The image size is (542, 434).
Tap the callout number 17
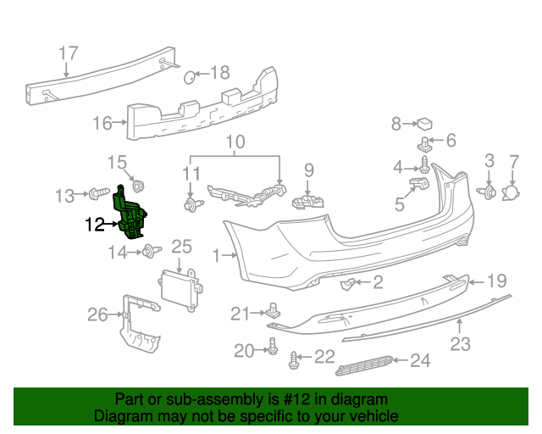coord(69,53)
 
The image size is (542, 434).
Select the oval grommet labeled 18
coord(191,79)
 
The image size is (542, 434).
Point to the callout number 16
coord(102,124)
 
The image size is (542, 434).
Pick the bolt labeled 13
coord(95,196)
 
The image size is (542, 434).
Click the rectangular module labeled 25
coord(179,285)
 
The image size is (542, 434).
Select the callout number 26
coord(97,315)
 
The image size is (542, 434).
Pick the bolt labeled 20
coord(273,347)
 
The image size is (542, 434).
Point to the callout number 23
coord(460,344)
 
